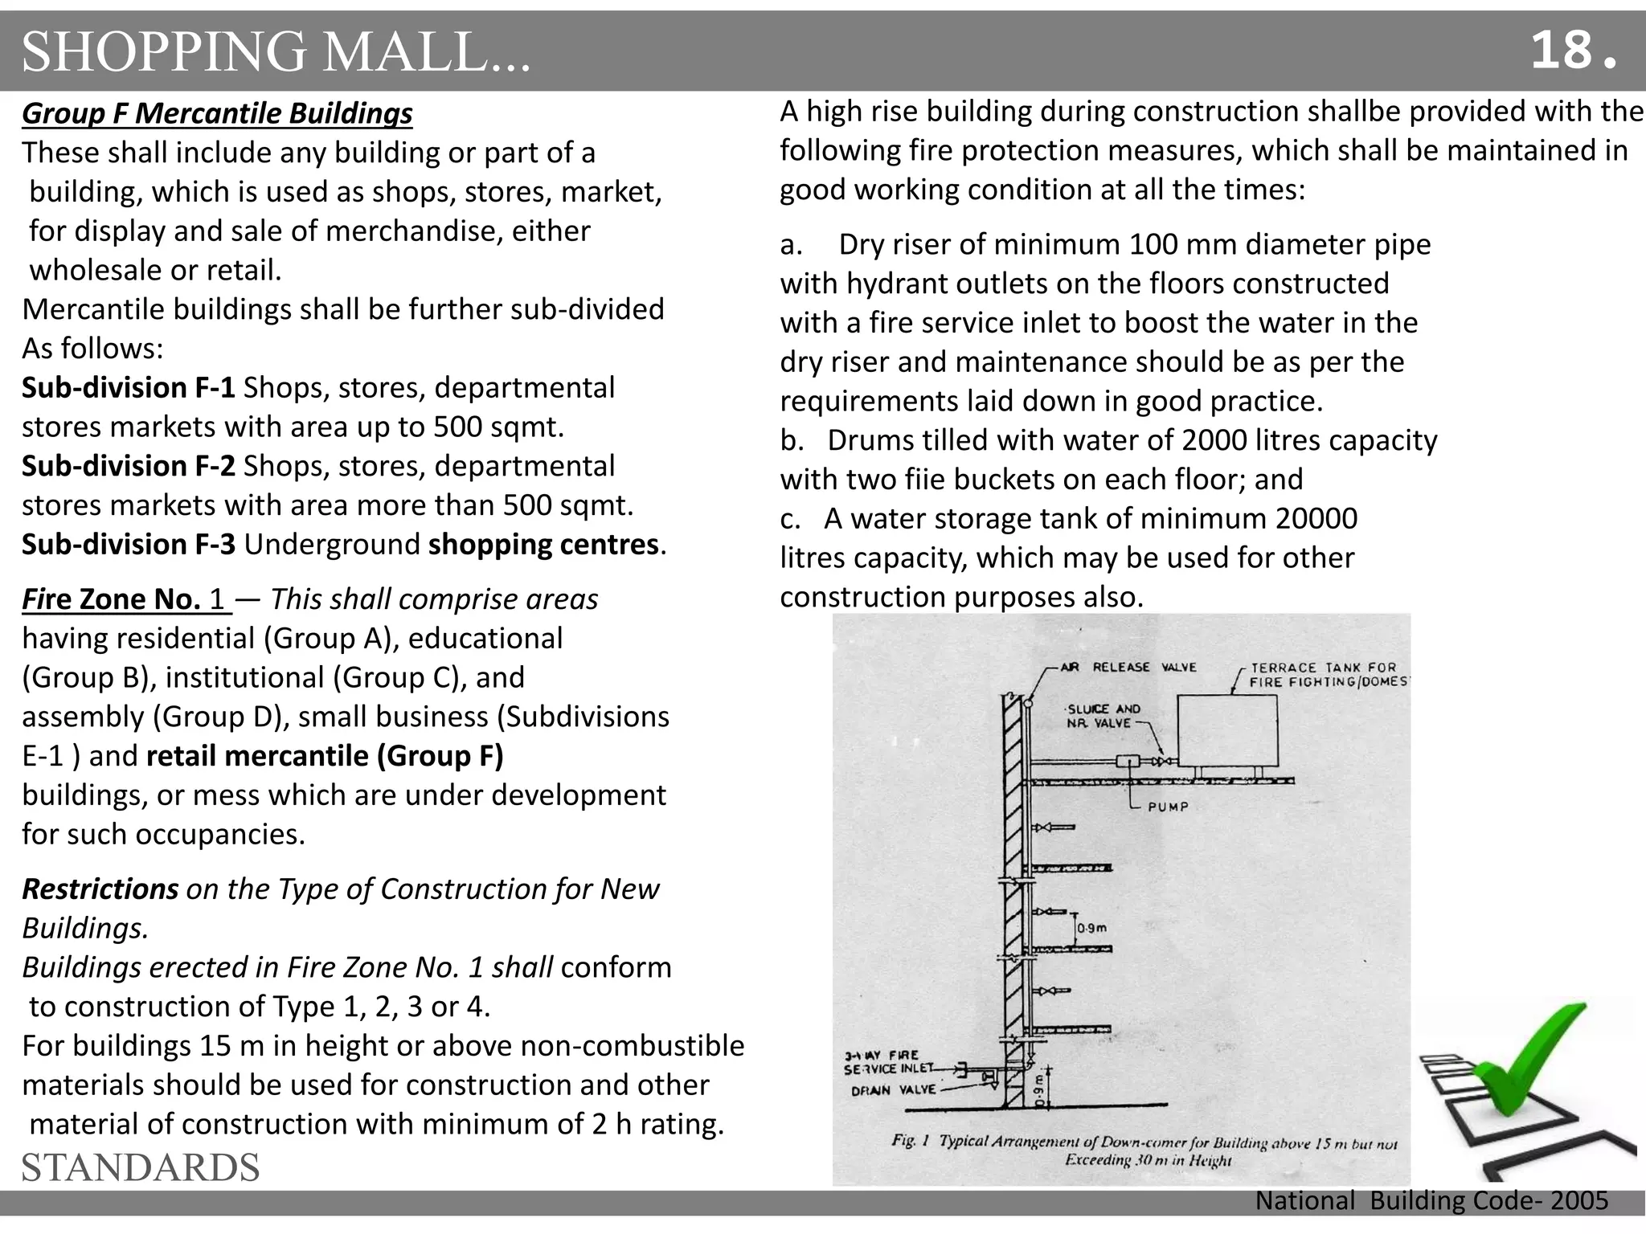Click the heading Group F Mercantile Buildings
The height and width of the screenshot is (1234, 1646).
pyautogui.click(x=217, y=113)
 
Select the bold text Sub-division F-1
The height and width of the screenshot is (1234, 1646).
pyautogui.click(x=129, y=387)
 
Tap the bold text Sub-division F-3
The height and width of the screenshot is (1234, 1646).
pyautogui.click(x=129, y=544)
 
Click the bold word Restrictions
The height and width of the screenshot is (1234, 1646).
pyautogui.click(x=100, y=889)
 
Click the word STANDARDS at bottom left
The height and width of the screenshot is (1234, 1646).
pyautogui.click(x=141, y=1167)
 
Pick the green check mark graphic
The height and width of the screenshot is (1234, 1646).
pyautogui.click(x=1527, y=1077)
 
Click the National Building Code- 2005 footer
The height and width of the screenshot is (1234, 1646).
pyautogui.click(x=1431, y=1200)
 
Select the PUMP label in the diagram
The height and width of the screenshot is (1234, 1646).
pyautogui.click(x=1167, y=807)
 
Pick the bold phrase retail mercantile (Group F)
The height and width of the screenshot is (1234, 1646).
pyautogui.click(x=325, y=756)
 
